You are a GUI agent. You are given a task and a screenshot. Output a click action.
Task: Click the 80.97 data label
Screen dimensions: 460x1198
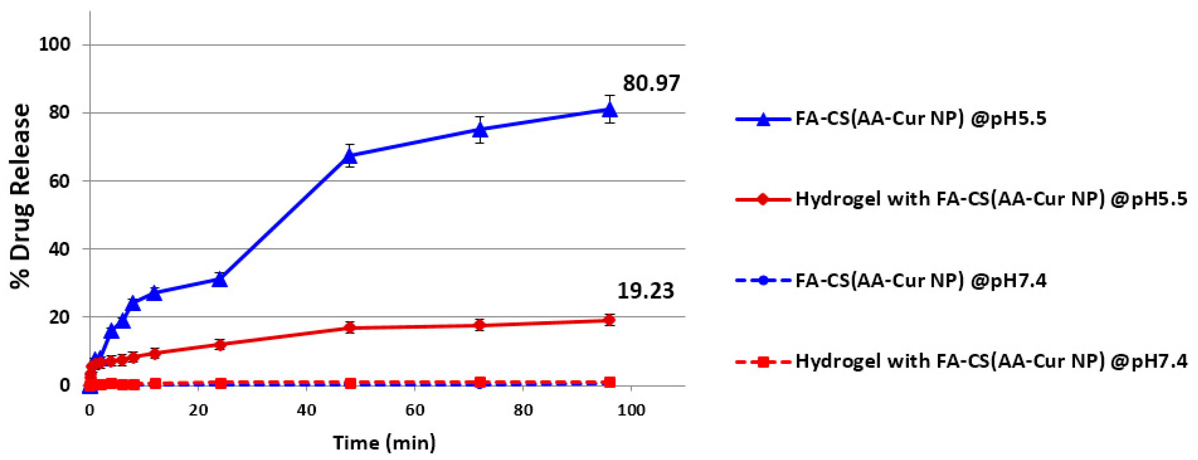651,84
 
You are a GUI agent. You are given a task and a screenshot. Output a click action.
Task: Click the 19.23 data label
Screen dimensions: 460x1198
645,291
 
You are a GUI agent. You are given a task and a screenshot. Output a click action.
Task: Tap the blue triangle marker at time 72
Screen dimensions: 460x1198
480,130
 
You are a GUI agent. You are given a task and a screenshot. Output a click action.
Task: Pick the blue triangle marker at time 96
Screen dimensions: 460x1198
610,110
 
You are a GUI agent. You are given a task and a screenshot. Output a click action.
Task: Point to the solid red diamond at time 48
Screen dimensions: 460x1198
350,327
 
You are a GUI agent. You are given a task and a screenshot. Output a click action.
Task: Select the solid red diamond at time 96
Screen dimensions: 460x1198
610,320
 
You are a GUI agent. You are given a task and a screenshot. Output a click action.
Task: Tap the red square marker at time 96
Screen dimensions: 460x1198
610,382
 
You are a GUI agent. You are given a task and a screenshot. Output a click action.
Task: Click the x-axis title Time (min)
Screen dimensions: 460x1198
384,442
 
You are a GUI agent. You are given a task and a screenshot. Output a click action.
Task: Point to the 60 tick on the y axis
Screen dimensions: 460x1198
59,181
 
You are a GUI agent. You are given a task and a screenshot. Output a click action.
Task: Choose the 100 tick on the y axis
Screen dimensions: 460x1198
54,45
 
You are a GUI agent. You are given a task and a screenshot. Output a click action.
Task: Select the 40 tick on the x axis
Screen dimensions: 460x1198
306,410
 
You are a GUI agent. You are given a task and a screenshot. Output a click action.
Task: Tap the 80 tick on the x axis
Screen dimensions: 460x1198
523,410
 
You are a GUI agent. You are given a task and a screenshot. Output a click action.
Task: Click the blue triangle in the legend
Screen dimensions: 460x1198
763,119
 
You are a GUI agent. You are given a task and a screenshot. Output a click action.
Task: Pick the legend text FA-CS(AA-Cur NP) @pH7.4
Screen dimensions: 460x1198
921,281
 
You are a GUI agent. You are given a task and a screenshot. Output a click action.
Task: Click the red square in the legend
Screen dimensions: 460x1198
763,361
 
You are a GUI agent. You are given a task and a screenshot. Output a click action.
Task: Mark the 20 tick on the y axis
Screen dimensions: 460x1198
59,317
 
